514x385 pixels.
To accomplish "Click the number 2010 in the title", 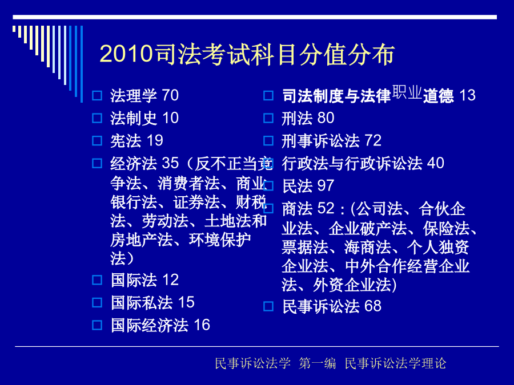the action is (126, 54).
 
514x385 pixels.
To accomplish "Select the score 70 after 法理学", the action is (170, 95).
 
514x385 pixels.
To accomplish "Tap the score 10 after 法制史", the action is (170, 118).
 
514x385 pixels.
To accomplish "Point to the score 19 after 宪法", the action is (155, 140).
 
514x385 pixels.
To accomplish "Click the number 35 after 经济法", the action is (170, 163).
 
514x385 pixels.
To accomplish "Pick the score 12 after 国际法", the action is (170, 280).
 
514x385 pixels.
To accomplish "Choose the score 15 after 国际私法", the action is (186, 302).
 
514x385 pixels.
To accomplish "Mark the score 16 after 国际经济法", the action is (202, 325).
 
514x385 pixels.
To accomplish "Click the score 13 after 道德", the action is (467, 95).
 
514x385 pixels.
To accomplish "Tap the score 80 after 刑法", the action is (326, 118).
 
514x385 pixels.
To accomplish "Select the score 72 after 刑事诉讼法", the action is (373, 140).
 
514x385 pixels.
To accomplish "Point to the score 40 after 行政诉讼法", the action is (436, 163).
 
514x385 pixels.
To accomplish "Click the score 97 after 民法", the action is (326, 185).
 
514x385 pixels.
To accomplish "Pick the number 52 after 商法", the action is (326, 208).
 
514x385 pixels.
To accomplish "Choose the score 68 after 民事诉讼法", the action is (373, 306).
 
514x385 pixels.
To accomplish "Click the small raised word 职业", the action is (407, 92).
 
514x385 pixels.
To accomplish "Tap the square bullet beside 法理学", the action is (97, 96).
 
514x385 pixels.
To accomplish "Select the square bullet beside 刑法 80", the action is (268, 118).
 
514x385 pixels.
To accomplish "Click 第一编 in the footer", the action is (317, 363).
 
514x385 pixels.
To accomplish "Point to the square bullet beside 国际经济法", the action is (97, 325).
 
